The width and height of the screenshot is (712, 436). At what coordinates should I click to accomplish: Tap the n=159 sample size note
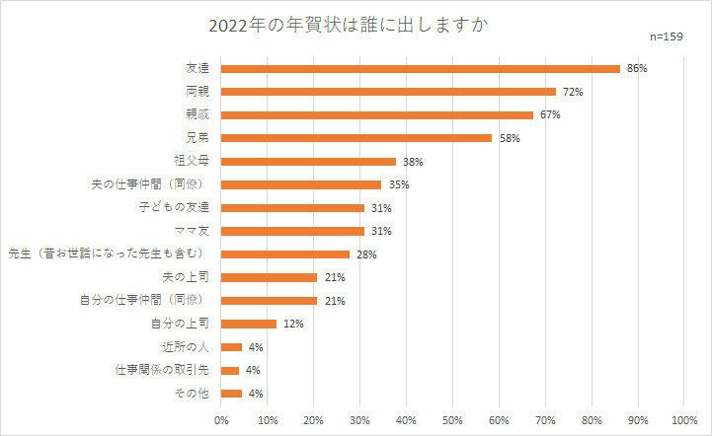(672, 36)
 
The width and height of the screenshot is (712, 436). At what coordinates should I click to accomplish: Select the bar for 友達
(421, 69)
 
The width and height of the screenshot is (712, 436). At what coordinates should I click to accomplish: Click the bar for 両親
(388, 92)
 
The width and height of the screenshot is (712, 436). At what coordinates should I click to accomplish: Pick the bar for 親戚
(377, 115)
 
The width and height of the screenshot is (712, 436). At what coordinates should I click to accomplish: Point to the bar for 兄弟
(356, 138)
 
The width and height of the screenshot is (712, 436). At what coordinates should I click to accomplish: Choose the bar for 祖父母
(309, 162)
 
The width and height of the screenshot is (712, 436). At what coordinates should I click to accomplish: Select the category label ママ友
(196, 231)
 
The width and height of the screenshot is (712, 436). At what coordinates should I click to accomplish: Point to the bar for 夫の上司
(270, 277)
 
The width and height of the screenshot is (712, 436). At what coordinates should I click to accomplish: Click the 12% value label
(291, 324)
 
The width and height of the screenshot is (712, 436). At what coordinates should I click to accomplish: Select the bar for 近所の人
(232, 346)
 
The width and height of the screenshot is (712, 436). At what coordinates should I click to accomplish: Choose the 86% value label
(637, 69)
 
